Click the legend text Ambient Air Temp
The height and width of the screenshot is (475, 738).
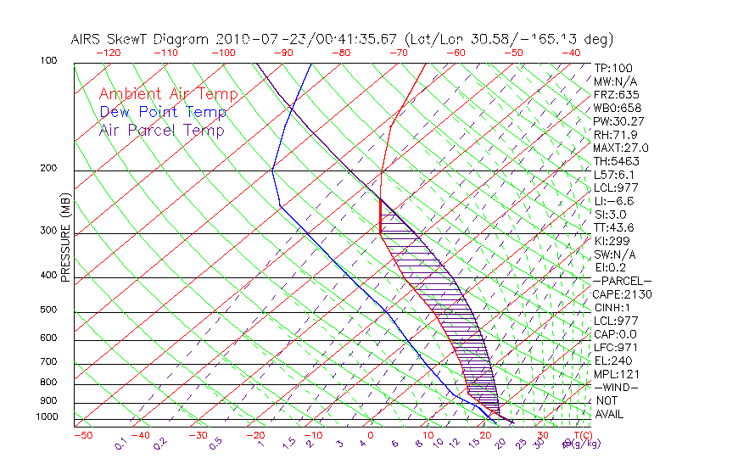(x=168, y=94)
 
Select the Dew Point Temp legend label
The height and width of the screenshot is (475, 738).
(x=162, y=112)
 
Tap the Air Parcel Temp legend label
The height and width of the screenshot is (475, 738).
(x=161, y=130)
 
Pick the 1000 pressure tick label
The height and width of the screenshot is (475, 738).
(x=47, y=417)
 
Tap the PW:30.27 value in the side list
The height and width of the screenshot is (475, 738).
(x=617, y=121)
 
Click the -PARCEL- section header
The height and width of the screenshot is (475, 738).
(x=622, y=281)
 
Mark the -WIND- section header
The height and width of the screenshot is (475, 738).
(x=616, y=387)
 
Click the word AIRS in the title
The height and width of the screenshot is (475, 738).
(x=88, y=39)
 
